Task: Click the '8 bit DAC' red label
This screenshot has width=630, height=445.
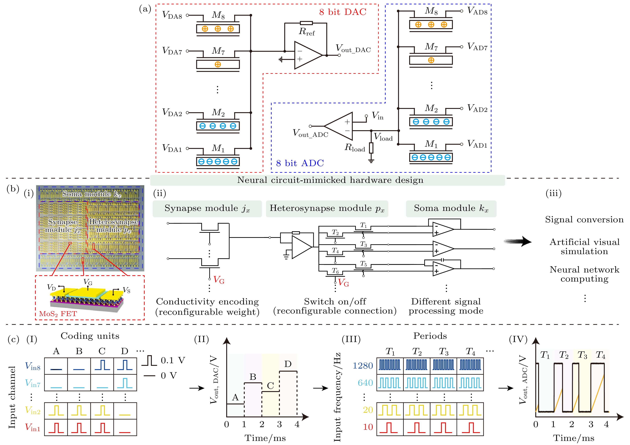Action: click(343, 12)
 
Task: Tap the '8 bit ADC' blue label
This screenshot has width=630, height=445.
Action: click(300, 163)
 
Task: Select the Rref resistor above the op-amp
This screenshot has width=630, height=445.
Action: click(306, 23)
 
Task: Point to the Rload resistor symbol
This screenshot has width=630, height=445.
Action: click(371, 148)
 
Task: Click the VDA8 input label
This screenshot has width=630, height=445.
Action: click(172, 15)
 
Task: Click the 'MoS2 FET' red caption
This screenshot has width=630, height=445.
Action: click(58, 314)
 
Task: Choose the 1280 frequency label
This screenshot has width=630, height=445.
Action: click(363, 366)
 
